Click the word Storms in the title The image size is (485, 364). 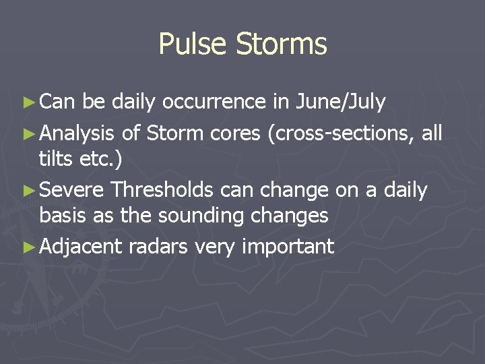[x=281, y=44]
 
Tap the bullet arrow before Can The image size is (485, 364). [x=28, y=102]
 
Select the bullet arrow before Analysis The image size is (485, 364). [x=28, y=134]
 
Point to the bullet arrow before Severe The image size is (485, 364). [x=28, y=191]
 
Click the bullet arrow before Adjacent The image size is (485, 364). [x=28, y=247]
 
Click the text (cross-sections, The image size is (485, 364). [x=341, y=134]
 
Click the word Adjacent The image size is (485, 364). [x=80, y=247]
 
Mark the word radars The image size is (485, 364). [x=158, y=247]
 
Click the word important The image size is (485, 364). [x=289, y=247]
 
